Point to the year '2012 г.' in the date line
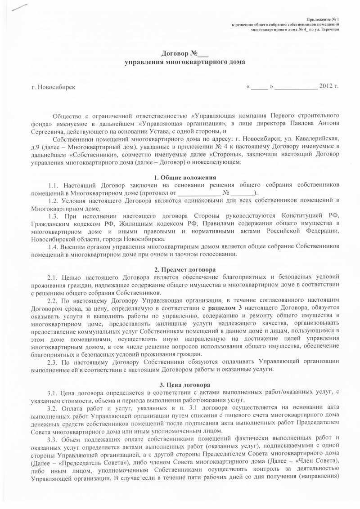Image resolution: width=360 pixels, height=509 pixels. click(328, 86)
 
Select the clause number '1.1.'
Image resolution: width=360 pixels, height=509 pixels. click(54, 185)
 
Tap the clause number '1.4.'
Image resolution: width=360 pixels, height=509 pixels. click(54, 247)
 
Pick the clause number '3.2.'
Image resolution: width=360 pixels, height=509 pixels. click(54, 409)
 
